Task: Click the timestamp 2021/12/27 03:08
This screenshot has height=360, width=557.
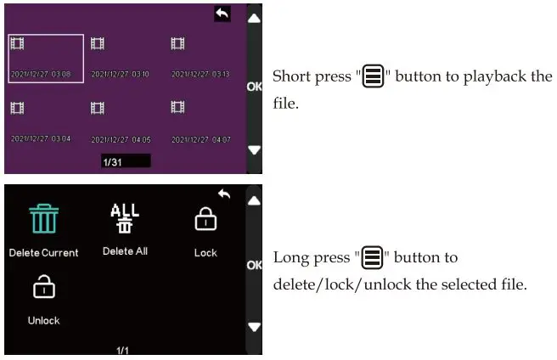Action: (x=41, y=75)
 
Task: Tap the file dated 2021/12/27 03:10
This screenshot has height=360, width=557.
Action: (x=120, y=75)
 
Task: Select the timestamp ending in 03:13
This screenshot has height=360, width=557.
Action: (x=200, y=75)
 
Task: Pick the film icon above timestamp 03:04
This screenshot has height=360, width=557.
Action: (x=17, y=108)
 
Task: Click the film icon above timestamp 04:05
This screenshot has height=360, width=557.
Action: (x=98, y=108)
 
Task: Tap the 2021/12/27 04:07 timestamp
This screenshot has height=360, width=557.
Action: (x=200, y=138)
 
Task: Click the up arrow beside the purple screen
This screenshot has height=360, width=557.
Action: (x=254, y=18)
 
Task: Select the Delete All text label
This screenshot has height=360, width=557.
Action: (x=125, y=251)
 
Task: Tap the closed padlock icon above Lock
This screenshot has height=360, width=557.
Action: (x=205, y=220)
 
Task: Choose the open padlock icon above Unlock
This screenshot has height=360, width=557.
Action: (x=43, y=289)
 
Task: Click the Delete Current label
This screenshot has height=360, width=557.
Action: (x=43, y=252)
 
